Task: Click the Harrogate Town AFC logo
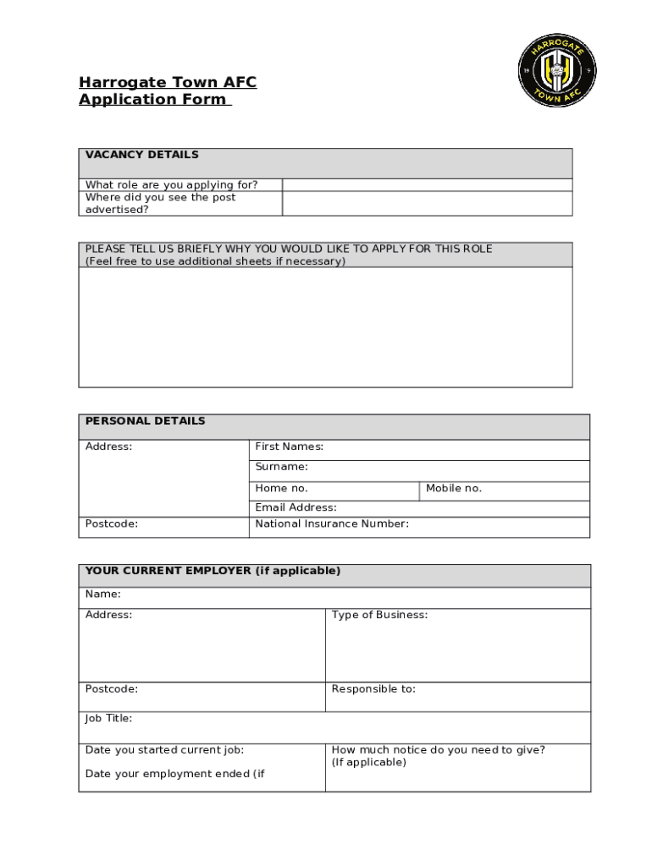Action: [556, 70]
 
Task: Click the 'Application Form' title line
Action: [153, 100]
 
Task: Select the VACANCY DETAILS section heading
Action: [141, 155]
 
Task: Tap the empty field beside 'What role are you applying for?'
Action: [427, 185]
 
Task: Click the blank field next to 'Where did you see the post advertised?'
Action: [427, 204]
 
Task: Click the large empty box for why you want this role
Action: [325, 327]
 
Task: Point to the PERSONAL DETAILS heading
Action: [145, 421]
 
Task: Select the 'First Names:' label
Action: [289, 447]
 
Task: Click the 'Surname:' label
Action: [281, 467]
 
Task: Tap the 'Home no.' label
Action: [281, 489]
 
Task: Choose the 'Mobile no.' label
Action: [453, 489]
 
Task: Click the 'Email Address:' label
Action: [296, 507]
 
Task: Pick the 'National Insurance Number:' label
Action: [332, 523]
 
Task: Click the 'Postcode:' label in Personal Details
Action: [111, 523]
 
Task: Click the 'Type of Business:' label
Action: [379, 615]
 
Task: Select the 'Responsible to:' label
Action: [373, 689]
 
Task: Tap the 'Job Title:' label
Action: [108, 719]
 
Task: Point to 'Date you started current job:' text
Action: [164, 749]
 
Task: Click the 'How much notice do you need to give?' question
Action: [438, 749]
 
